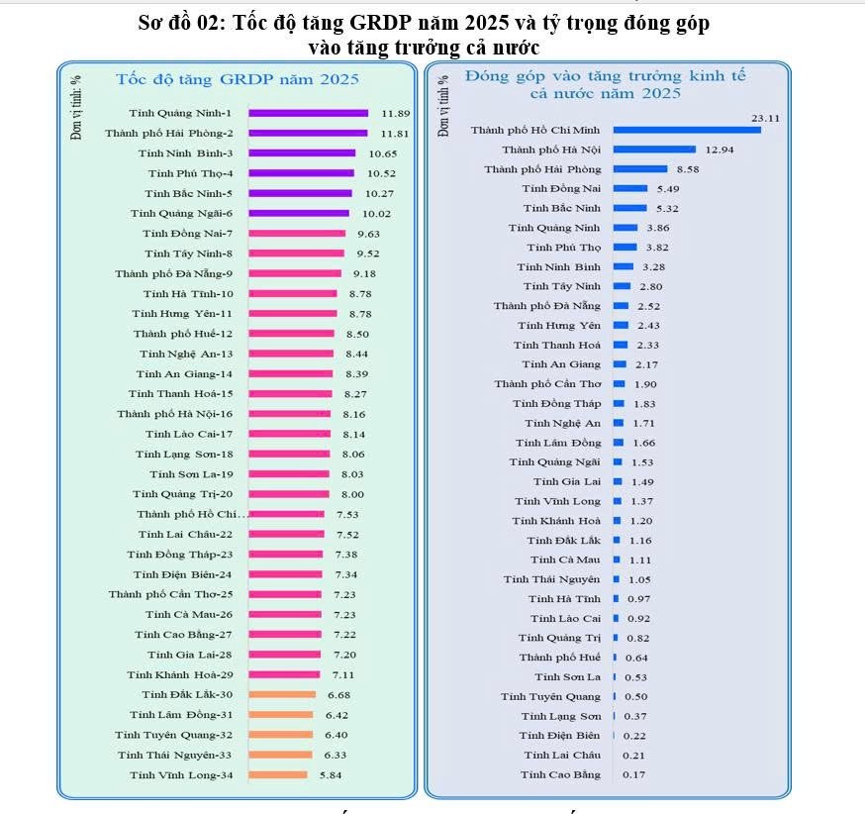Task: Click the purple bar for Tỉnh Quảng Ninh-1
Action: tap(308, 113)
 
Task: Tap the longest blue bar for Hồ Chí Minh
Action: tap(687, 130)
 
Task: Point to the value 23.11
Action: tap(766, 118)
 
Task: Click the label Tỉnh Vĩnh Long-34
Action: tap(181, 774)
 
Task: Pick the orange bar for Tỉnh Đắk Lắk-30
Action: tap(282, 694)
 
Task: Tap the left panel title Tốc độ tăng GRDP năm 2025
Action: tap(238, 78)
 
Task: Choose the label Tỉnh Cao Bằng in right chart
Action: tap(560, 774)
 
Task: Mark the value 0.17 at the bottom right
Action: tap(634, 774)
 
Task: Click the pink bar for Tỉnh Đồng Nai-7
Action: tap(297, 234)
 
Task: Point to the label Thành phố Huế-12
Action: tap(183, 334)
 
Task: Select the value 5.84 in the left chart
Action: tap(331, 774)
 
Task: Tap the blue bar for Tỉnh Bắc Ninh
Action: tap(630, 208)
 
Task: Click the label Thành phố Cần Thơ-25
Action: tap(171, 594)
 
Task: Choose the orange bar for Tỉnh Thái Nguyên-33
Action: tap(280, 755)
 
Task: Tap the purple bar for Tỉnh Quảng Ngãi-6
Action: tap(299, 213)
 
